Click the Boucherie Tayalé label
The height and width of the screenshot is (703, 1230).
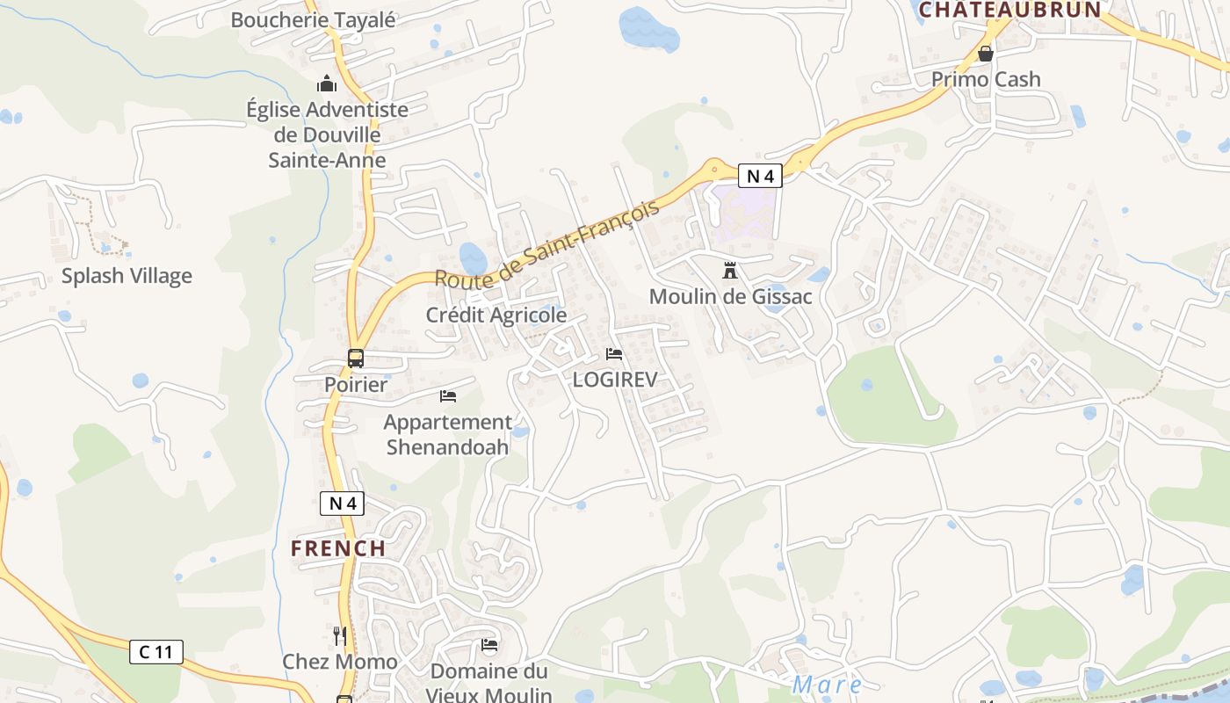tap(313, 19)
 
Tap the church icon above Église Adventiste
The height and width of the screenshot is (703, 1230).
tap(327, 84)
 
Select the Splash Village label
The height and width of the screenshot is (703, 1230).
tap(127, 276)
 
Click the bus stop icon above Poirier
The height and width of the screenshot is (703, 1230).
tap(356, 359)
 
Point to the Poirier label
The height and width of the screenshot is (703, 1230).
tap(356, 385)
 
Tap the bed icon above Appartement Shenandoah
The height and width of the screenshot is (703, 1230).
tap(448, 396)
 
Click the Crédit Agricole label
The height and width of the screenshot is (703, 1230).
tap(496, 315)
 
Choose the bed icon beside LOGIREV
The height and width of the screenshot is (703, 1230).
tap(614, 354)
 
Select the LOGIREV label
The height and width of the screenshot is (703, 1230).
tap(615, 380)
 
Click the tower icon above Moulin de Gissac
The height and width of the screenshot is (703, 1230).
tap(729, 271)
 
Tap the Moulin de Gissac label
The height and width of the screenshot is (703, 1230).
tap(731, 297)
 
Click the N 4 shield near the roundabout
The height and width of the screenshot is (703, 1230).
tap(759, 176)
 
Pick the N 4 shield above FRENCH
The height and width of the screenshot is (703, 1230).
tap(342, 504)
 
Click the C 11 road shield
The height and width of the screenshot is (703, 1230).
tap(156, 652)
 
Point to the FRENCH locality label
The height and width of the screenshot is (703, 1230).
tap(338, 548)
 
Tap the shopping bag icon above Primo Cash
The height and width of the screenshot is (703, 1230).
tap(986, 54)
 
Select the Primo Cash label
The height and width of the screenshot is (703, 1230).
tap(986, 79)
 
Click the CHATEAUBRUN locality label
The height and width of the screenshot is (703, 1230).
tap(1010, 10)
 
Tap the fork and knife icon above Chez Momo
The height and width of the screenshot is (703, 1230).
tap(339, 635)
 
